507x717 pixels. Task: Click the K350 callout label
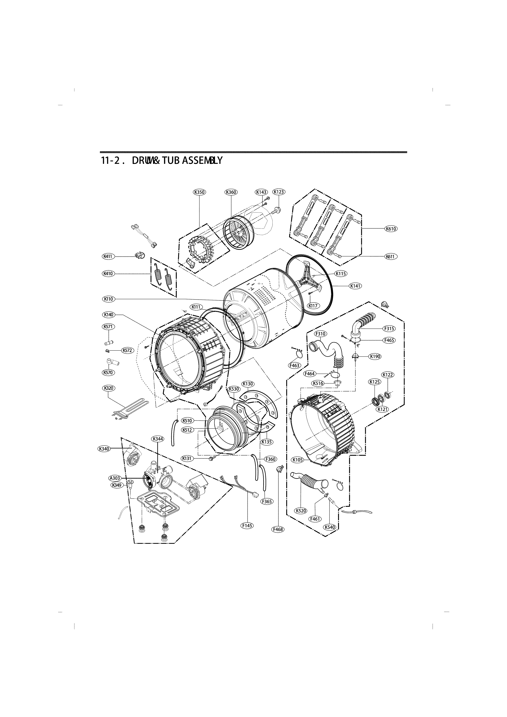[x=199, y=192]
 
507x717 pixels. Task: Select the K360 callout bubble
[x=231, y=192]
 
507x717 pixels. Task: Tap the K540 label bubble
[x=330, y=527]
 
